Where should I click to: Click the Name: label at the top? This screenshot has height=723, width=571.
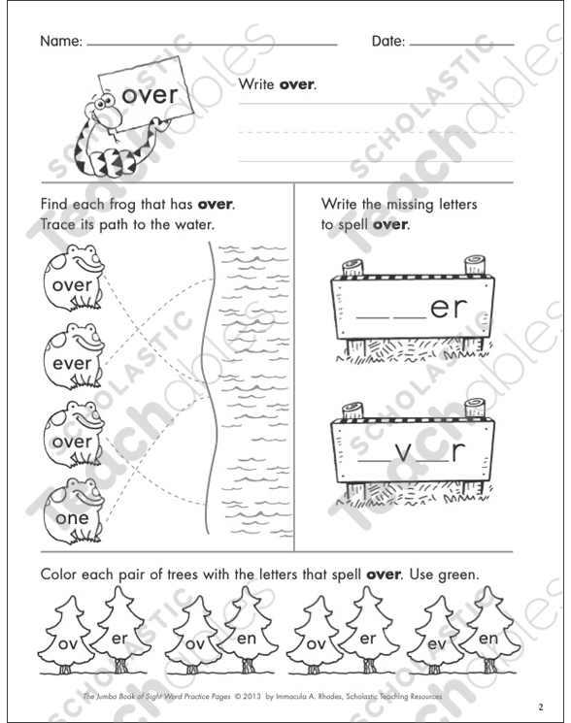(x=60, y=43)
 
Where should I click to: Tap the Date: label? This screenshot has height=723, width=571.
(x=387, y=43)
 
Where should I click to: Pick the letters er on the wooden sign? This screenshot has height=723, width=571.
(x=448, y=308)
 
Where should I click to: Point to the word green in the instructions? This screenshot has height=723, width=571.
(x=456, y=575)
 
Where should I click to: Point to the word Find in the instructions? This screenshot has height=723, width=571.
(x=55, y=206)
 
